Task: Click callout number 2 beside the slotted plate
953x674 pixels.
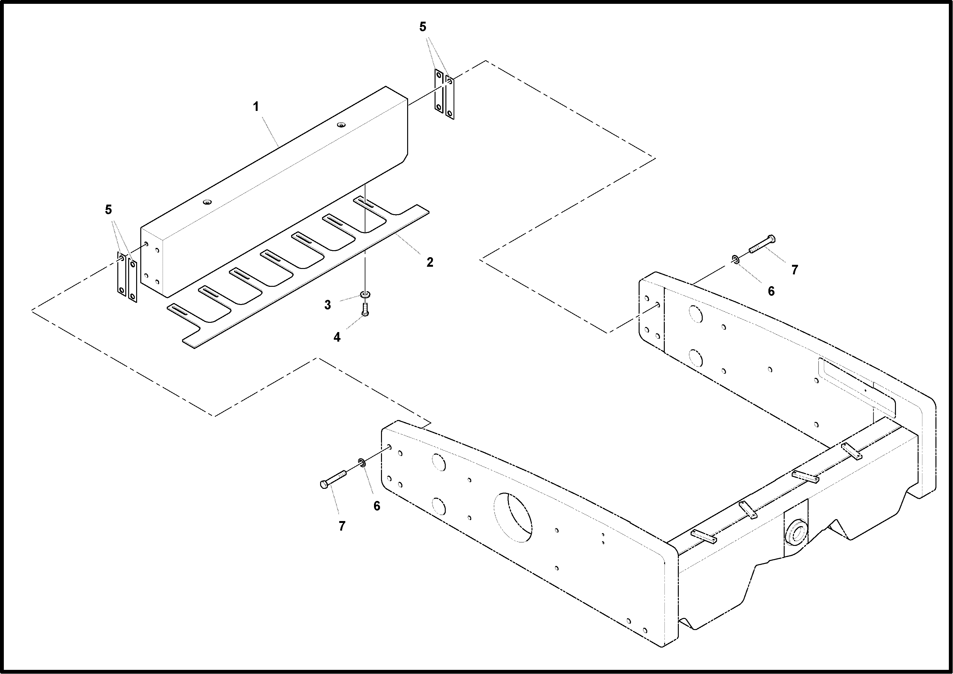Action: [x=430, y=262]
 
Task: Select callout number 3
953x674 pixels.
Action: [x=328, y=305]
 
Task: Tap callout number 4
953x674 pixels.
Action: [x=337, y=337]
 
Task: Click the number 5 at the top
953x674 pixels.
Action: [x=423, y=27]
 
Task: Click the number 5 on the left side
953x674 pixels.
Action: [x=108, y=210]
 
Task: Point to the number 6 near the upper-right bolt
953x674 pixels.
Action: [x=771, y=291]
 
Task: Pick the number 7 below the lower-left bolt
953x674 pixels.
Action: [x=342, y=526]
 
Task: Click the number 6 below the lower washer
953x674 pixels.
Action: [x=377, y=506]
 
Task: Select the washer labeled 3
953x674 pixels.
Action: [x=365, y=294]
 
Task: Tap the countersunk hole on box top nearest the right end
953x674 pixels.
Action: [x=341, y=125]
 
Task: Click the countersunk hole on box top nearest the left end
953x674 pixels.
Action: [x=207, y=202]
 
